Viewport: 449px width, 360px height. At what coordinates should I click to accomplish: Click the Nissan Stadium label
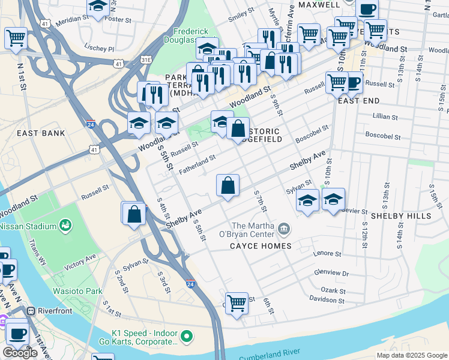point(26,226)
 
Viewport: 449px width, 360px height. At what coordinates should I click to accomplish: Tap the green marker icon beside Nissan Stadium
point(65,226)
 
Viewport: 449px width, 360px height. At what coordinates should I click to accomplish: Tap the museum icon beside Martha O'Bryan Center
point(284,228)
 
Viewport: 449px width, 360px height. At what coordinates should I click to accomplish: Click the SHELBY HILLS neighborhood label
point(400,215)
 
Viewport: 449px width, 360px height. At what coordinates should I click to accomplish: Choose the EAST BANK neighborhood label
point(41,133)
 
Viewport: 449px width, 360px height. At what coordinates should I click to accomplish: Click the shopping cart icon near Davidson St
point(237,302)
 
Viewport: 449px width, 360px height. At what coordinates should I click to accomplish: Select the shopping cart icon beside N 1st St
point(16,38)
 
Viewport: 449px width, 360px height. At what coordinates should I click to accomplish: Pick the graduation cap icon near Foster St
point(98,7)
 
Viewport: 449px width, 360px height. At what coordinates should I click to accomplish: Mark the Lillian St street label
point(385,116)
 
